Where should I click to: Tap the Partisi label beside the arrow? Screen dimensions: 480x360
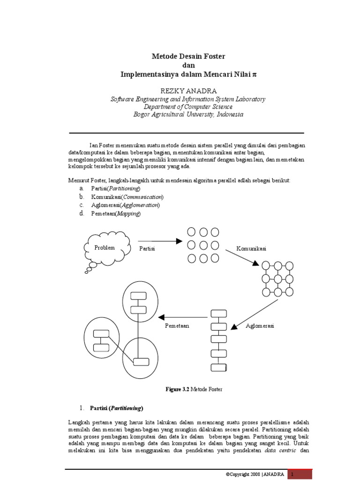tap(147, 248)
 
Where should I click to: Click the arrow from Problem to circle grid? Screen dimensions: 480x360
tap(159, 241)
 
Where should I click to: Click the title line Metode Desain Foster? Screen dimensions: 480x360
tap(188, 56)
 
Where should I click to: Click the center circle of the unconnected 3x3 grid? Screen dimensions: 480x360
tap(203, 245)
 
